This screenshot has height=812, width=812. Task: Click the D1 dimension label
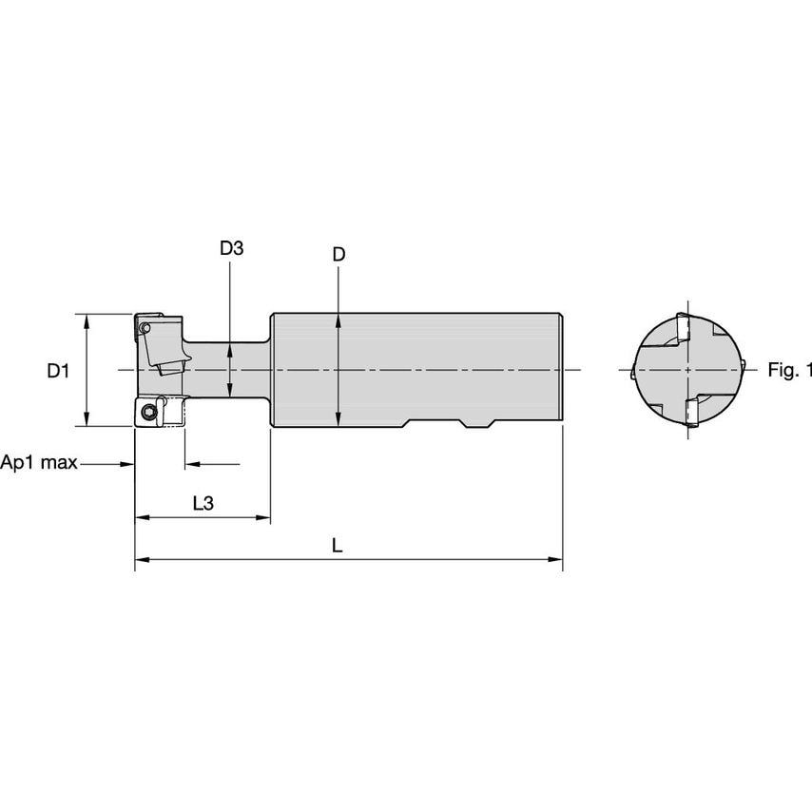point(58,371)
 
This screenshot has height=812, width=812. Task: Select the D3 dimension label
point(231,249)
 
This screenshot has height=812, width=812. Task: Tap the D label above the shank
point(338,255)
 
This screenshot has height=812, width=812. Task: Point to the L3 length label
point(203,504)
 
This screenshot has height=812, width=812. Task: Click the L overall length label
point(337,546)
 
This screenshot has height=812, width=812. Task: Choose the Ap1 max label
point(39,464)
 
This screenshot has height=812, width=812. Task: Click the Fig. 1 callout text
point(789,371)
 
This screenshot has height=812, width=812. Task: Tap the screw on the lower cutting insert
point(148,412)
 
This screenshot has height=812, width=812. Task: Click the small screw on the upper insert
point(144,328)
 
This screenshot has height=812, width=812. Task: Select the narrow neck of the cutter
point(228,370)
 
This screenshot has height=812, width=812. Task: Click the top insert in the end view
point(682,329)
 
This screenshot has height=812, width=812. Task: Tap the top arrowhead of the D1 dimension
point(87,319)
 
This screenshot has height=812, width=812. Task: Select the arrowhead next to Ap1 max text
point(126,464)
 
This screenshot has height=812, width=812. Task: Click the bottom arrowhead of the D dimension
point(338,420)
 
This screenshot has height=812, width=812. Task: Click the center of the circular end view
point(686,370)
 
